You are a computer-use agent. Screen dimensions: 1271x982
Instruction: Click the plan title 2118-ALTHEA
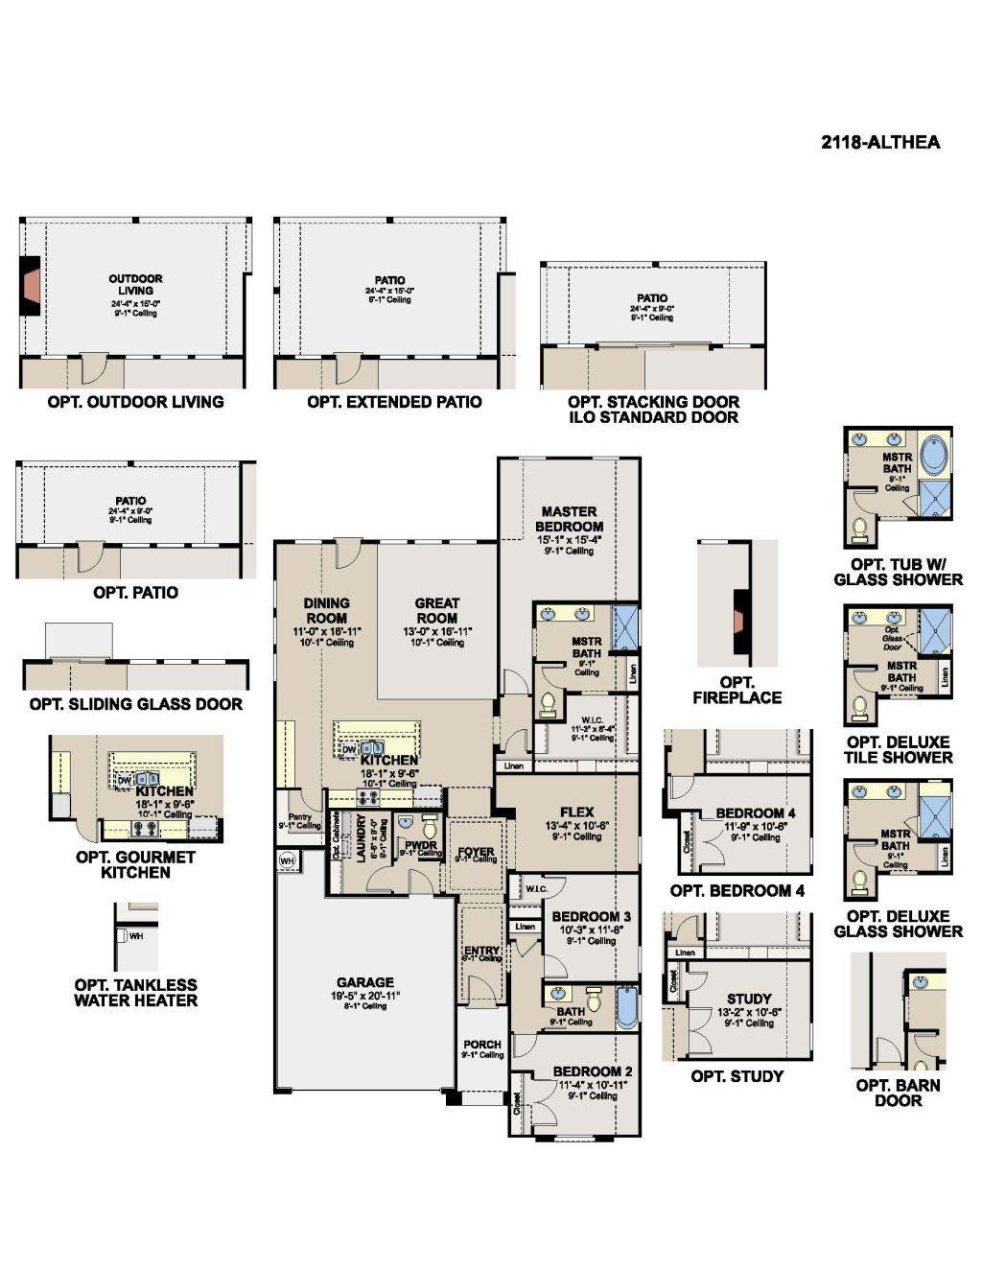(x=880, y=143)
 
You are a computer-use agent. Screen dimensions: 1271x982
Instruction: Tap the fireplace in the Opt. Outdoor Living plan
(x=32, y=286)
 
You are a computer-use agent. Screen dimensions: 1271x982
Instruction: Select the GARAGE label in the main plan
(x=364, y=982)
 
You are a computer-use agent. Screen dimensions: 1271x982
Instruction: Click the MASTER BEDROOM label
(x=570, y=519)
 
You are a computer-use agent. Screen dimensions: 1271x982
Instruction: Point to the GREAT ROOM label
(x=436, y=610)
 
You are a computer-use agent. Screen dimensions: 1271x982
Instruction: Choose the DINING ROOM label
(x=326, y=610)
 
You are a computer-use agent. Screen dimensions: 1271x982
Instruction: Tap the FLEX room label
(x=576, y=812)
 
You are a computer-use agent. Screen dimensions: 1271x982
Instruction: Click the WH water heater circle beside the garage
(x=287, y=861)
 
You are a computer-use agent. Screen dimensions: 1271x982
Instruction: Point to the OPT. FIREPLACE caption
(x=736, y=691)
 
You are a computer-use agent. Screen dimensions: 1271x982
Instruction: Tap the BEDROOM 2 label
(x=592, y=1071)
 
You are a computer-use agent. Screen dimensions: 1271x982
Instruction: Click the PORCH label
(x=482, y=1045)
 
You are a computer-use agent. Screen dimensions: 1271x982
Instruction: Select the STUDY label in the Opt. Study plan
(x=749, y=999)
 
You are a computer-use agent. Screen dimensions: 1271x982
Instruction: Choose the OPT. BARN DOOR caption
(x=898, y=1093)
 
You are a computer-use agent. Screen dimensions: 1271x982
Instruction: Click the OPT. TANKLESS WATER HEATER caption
(x=135, y=993)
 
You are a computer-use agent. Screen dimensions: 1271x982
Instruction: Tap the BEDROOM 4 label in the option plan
(x=755, y=813)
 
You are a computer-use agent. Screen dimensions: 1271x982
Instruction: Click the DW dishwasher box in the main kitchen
(x=349, y=750)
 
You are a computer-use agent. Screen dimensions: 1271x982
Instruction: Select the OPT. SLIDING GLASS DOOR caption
(x=135, y=704)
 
